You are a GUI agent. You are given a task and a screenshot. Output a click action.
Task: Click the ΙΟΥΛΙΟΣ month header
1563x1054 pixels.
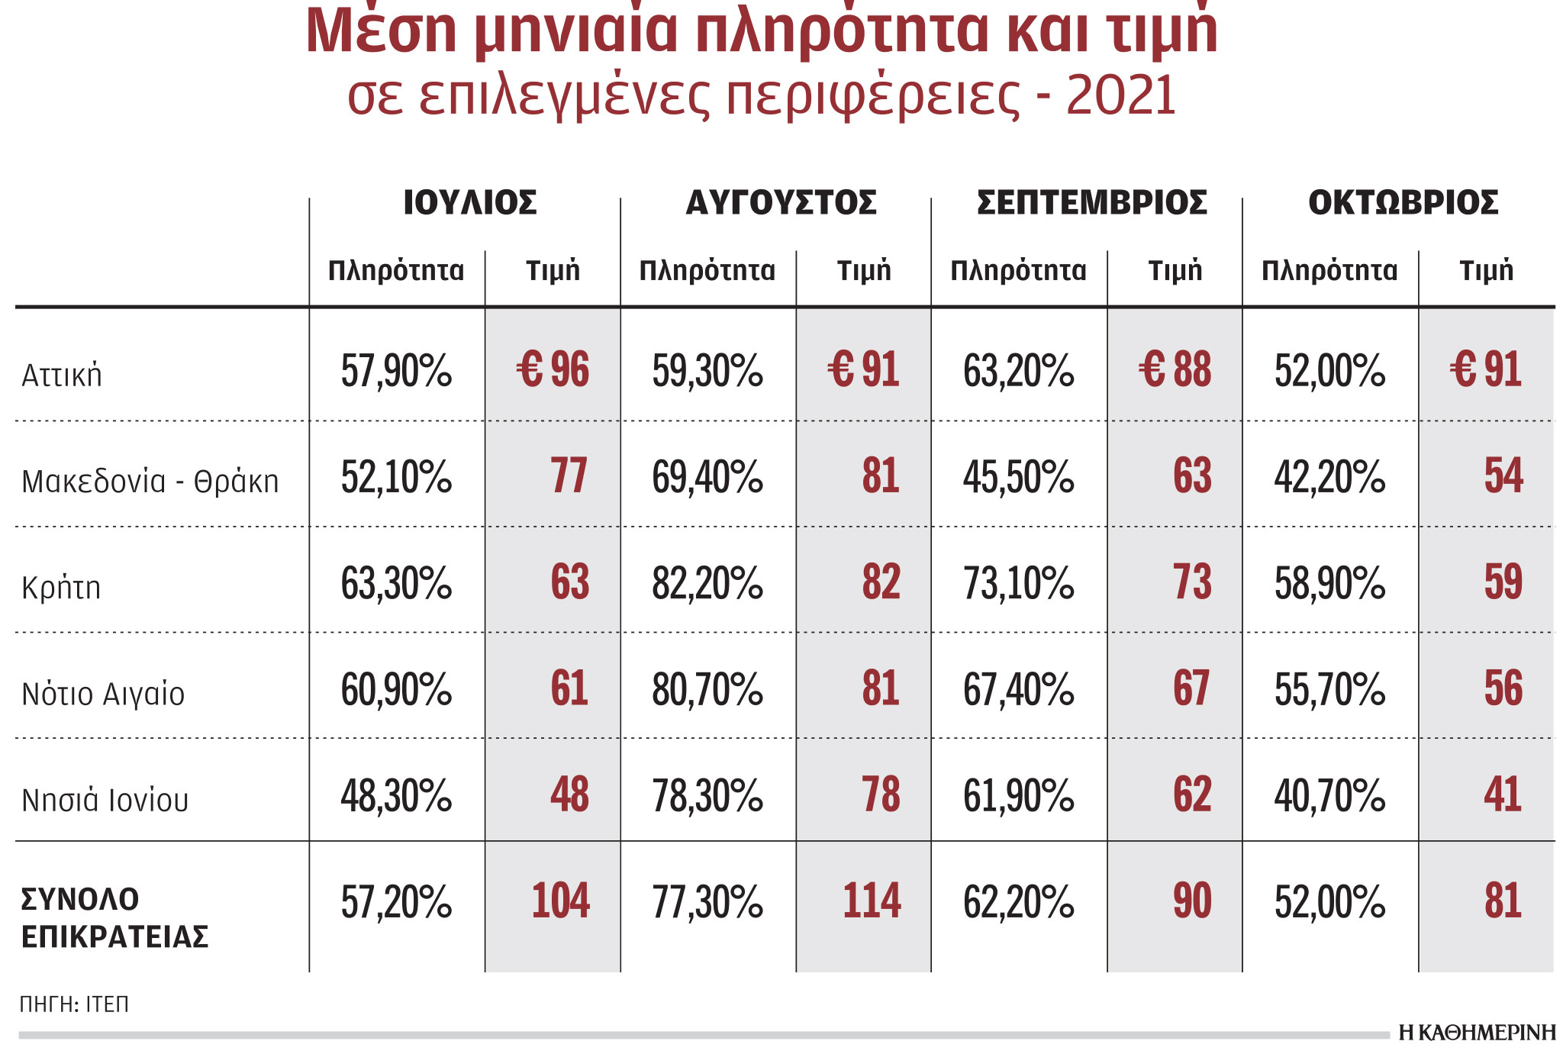470,203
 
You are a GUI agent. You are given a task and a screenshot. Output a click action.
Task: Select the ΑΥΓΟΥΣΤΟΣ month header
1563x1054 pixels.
781,203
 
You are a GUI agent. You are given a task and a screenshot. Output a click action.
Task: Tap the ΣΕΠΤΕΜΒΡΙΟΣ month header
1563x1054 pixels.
1092,203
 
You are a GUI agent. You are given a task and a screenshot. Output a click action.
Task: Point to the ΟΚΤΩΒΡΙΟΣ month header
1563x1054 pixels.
1403,203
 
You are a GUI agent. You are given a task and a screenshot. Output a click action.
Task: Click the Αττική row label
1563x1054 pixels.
62,375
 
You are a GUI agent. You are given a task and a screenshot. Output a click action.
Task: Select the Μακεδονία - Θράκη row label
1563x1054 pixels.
150,482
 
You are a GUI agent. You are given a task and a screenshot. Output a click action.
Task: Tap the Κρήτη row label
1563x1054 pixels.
61,588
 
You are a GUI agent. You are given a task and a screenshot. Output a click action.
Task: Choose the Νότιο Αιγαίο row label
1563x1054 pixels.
103,694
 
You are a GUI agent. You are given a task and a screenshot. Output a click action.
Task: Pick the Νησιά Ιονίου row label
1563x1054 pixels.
105,800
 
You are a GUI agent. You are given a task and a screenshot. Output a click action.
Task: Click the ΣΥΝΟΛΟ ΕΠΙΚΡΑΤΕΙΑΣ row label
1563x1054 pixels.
114,917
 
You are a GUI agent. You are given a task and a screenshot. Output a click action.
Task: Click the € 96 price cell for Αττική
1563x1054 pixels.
553,369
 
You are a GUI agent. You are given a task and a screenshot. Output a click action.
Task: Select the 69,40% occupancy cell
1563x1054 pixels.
707,477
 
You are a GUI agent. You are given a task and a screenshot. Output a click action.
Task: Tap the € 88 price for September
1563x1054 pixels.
1175,369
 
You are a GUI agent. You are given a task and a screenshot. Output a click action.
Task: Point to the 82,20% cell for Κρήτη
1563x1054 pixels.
707,583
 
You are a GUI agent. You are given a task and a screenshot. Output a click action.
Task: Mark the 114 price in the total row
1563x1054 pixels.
872,901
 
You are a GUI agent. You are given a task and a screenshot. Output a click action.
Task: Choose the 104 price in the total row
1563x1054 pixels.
561,901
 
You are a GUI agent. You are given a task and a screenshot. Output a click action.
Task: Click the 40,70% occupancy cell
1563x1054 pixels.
1330,795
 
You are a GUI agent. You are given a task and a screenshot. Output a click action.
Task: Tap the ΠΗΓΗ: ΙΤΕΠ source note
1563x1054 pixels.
74,1004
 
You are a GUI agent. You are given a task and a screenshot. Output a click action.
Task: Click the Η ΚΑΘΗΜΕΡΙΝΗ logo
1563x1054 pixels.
1478,1033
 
